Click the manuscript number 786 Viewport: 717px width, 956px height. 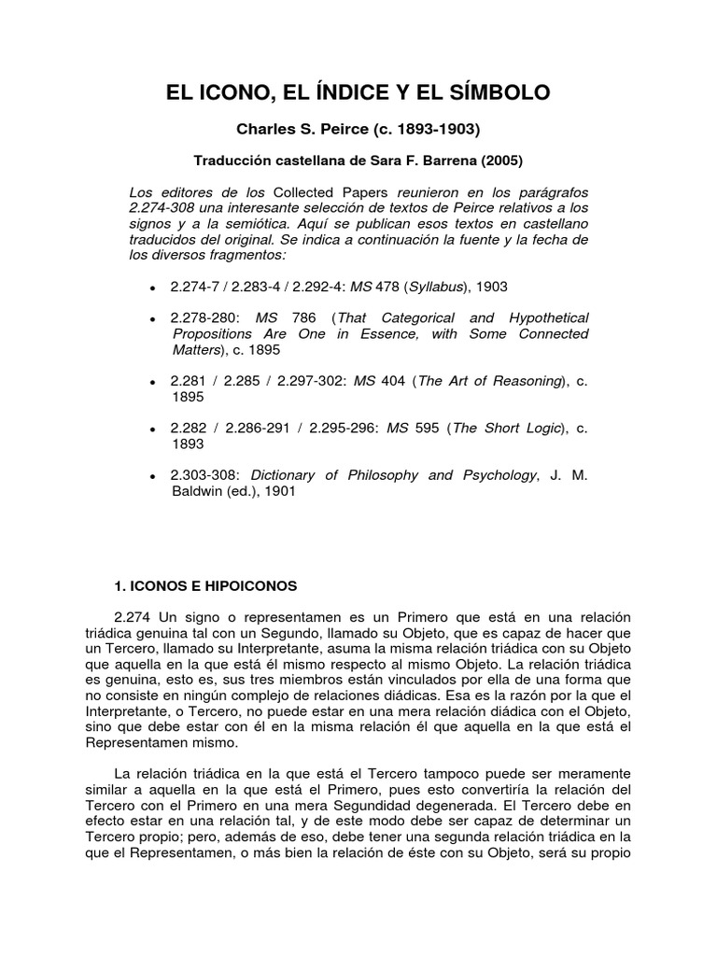point(306,318)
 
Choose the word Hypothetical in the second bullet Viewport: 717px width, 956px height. point(541,318)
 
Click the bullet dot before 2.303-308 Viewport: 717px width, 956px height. point(151,477)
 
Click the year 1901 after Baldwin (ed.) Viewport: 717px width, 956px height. point(279,491)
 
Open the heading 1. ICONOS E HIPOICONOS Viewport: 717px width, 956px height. point(204,586)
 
